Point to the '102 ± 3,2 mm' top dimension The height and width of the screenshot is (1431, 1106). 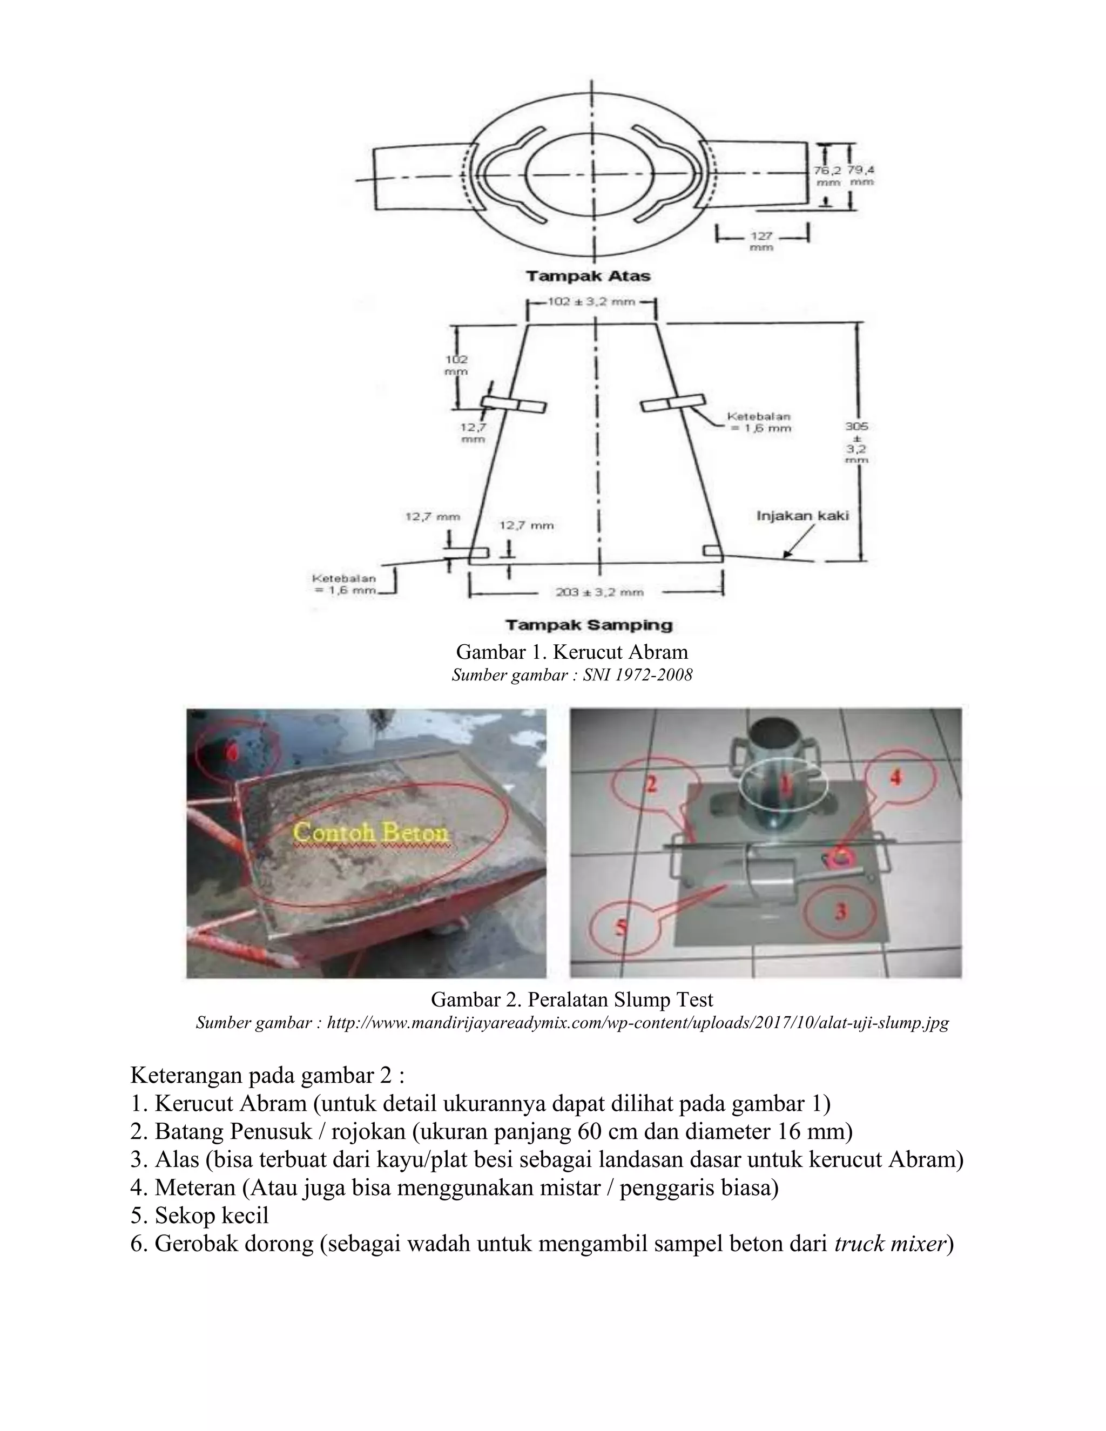tap(590, 303)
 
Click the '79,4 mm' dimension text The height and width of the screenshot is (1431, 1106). tap(861, 175)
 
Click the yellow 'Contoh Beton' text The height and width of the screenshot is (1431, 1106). tap(371, 833)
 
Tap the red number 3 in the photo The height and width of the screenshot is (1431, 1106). tap(841, 911)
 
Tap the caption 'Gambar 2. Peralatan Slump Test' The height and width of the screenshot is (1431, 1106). tap(571, 1000)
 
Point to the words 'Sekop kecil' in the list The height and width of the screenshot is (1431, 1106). tap(212, 1216)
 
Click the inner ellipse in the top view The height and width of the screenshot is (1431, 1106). tap(590, 173)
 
